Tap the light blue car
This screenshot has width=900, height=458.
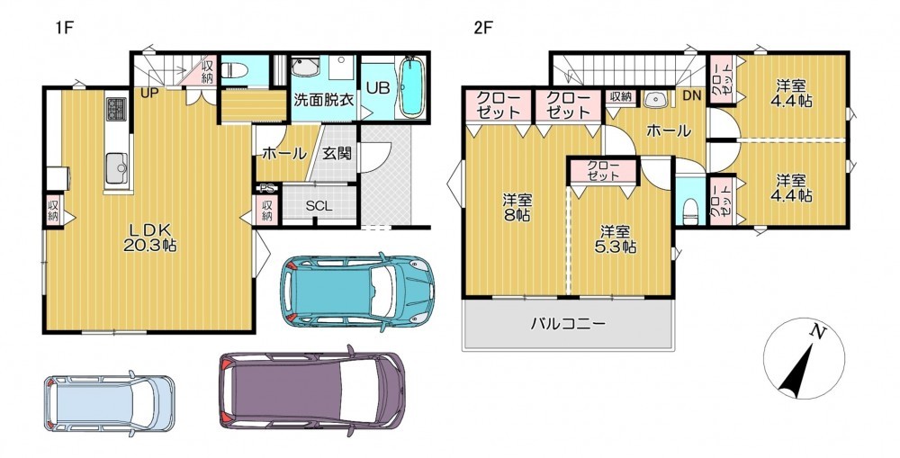[109, 403]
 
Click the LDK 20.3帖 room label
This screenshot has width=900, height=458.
[149, 238]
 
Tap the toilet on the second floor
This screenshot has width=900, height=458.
[690, 211]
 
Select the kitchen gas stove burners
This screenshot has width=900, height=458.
[116, 107]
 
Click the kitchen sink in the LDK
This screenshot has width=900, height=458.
[118, 167]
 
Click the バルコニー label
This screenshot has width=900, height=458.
[567, 324]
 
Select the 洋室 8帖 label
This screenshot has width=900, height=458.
[517, 208]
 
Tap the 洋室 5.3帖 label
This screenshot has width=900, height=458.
[615, 240]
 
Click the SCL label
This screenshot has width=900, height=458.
[319, 206]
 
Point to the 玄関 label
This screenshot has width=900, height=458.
[337, 153]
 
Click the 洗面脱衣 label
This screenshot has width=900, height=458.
[324, 99]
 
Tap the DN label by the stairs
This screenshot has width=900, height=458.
[692, 96]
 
